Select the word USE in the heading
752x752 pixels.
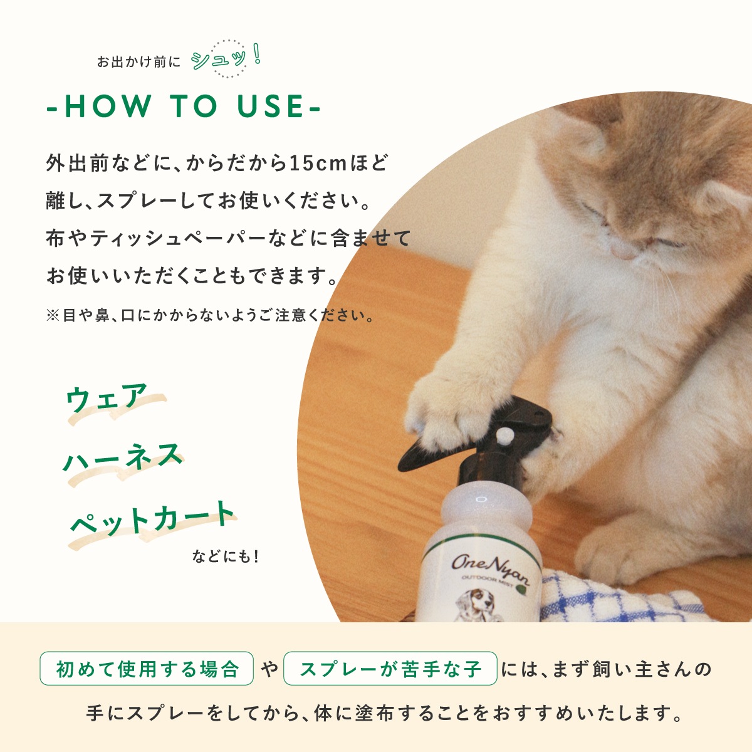click(271, 106)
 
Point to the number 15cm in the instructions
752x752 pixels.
click(318, 163)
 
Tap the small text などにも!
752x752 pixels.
click(225, 556)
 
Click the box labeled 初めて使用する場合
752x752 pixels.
click(147, 669)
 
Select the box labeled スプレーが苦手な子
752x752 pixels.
click(390, 669)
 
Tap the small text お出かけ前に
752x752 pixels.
click(138, 61)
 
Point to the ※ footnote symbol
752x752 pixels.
click(52, 315)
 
